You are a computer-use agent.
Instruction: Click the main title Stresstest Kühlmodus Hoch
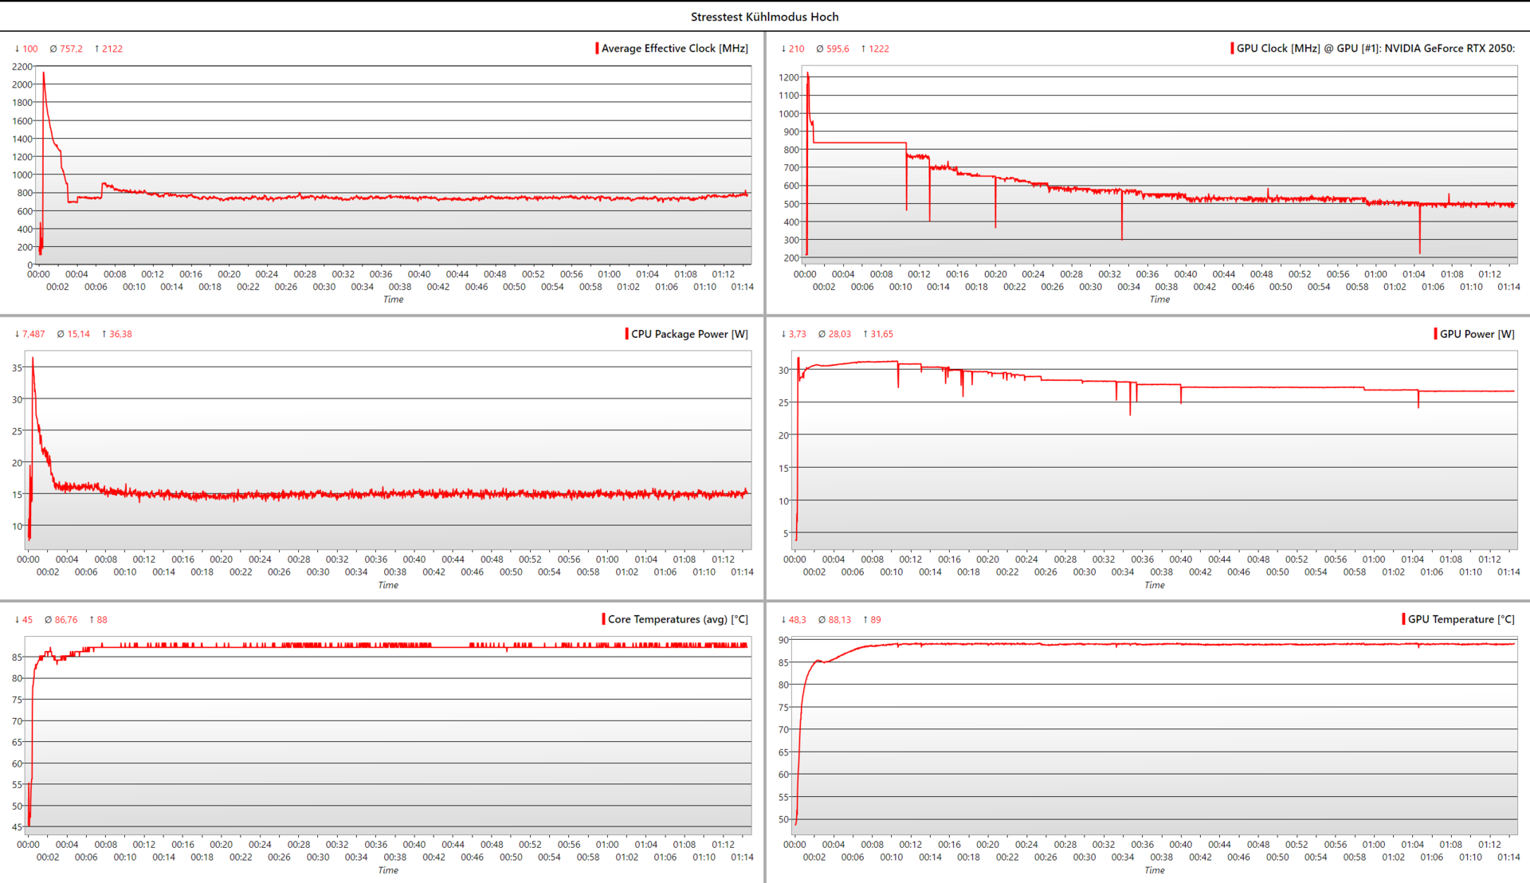point(764,17)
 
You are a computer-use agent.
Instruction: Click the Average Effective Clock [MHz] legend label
point(674,49)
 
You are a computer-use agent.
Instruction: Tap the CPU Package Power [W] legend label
point(689,334)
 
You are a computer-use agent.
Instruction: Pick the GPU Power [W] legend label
point(1477,334)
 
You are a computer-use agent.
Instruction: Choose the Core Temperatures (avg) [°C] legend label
point(677,619)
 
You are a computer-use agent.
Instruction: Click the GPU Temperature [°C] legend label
point(1461,619)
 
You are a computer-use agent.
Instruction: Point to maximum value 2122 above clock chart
point(112,49)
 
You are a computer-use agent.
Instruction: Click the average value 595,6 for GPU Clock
point(838,49)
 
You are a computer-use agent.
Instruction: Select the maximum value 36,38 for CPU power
point(120,334)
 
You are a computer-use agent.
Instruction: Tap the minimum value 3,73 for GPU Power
point(797,334)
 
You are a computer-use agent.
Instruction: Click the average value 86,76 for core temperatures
point(66,619)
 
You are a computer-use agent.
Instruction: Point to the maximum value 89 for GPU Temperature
point(875,619)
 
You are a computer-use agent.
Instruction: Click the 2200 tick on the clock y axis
point(22,67)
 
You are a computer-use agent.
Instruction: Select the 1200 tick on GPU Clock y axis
point(789,77)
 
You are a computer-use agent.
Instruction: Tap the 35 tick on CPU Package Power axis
point(18,368)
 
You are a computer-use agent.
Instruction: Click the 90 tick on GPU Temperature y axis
point(784,640)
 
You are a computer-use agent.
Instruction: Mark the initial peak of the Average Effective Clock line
point(44,73)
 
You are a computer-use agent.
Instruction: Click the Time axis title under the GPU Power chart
point(1154,585)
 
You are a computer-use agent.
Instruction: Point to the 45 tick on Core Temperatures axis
point(18,827)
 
